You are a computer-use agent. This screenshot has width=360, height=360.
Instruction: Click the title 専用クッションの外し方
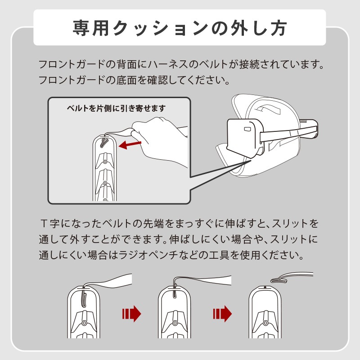coord(180,28)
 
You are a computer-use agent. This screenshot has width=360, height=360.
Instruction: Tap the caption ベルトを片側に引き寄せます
coord(116,108)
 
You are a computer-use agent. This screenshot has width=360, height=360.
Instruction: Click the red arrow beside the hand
coord(130,144)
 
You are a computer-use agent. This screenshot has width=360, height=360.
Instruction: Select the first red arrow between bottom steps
coord(131,314)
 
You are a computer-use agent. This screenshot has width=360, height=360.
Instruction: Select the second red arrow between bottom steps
coord(222,314)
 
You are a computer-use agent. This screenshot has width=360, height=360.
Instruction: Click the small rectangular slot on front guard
coord(247,129)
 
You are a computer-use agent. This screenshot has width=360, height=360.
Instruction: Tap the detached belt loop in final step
coord(292,277)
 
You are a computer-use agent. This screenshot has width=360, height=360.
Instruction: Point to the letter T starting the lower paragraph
coord(44,223)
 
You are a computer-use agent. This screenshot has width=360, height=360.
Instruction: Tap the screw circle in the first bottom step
coord(84,323)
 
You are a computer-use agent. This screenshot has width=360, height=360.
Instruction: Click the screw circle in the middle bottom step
coord(175,323)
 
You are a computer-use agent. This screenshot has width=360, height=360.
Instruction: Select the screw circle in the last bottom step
coord(265,323)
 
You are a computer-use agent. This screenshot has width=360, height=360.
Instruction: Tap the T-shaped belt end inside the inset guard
coord(104,142)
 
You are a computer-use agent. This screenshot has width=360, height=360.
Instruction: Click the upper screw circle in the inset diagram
coord(105,162)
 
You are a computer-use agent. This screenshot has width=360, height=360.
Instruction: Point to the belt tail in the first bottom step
coord(108,281)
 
